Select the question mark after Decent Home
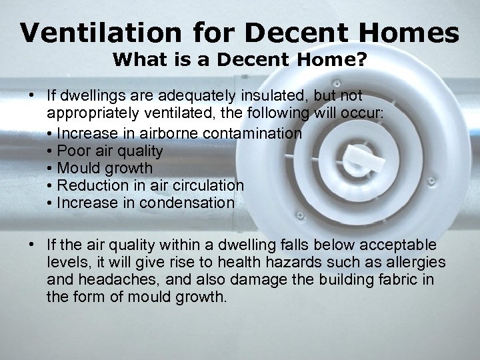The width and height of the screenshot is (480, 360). pyautogui.click(x=361, y=60)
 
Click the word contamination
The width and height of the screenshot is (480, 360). pyautogui.click(x=262, y=133)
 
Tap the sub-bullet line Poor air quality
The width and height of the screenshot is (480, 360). pyautogui.click(x=110, y=151)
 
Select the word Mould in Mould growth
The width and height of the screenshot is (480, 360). pyautogui.click(x=78, y=168)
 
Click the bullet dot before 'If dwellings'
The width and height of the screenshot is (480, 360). pyautogui.click(x=32, y=96)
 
